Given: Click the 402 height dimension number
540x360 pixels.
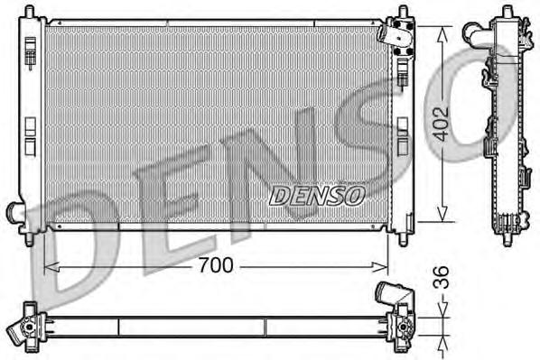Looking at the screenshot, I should pos(441,124).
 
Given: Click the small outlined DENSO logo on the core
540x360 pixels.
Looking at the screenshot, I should pos(317,194).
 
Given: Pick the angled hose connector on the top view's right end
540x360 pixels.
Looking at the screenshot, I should pos(390,294).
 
